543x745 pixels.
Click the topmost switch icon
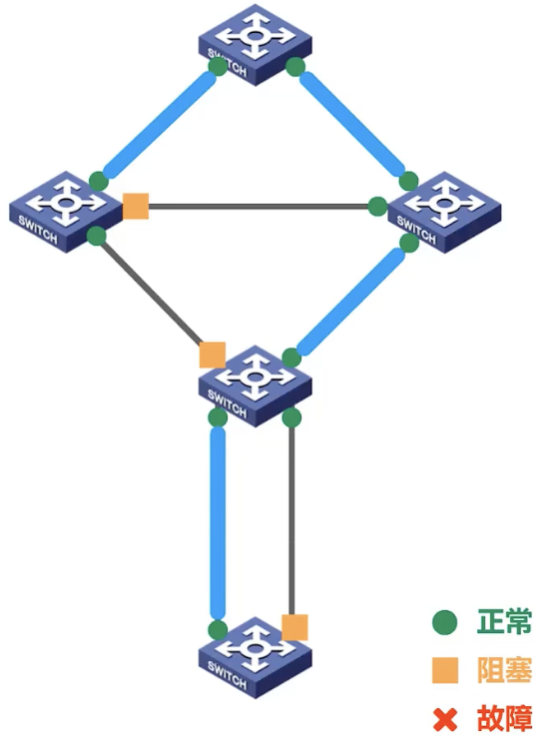tap(256, 45)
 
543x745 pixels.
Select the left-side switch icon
tap(66, 212)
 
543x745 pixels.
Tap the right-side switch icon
tap(444, 213)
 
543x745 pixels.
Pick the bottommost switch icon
tap(256, 658)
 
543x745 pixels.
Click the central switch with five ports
tap(256, 386)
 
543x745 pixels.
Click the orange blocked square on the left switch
tap(136, 206)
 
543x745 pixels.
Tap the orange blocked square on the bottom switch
tap(294, 627)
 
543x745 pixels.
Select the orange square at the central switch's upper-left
tap(213, 355)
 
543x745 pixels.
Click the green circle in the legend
tap(445, 622)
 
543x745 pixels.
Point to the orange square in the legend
tap(445, 670)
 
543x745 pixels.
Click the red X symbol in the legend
tap(445, 719)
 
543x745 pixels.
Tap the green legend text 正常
tap(504, 621)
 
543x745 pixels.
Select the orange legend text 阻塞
tap(504, 670)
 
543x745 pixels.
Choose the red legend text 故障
tap(504, 719)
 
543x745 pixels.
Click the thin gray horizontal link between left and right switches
tap(259, 206)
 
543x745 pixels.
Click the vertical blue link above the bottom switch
tap(218, 522)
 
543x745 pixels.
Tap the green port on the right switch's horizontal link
tap(378, 206)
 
